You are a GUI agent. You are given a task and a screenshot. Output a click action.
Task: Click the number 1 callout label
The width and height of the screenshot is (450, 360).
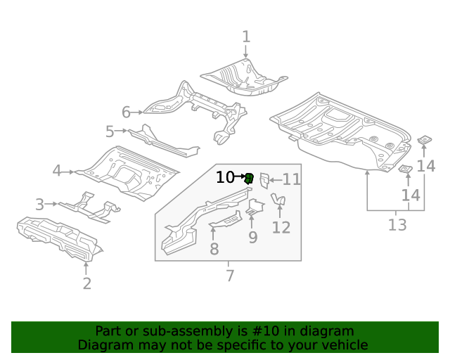point(246,36)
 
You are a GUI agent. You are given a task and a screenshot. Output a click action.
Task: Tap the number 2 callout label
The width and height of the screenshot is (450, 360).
point(86,283)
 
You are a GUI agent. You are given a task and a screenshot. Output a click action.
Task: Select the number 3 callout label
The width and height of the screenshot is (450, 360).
point(39,205)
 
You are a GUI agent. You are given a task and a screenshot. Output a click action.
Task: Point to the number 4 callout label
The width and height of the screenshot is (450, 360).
point(57,170)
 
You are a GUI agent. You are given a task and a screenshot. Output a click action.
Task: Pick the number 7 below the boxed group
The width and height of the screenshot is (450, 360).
point(229,276)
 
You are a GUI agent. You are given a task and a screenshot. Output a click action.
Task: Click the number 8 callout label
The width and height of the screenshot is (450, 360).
point(214,248)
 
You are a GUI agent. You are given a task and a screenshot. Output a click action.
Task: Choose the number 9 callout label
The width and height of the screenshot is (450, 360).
point(252,237)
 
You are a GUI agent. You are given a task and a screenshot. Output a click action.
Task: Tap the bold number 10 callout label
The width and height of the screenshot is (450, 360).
point(225,177)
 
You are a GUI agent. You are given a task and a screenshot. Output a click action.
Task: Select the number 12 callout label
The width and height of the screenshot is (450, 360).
point(281,227)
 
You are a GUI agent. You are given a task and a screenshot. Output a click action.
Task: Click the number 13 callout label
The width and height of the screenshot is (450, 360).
point(397,225)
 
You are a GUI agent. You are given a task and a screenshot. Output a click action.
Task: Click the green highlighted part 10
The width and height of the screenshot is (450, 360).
point(249,179)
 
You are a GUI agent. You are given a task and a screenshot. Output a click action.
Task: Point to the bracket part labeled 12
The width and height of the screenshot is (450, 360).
point(279,202)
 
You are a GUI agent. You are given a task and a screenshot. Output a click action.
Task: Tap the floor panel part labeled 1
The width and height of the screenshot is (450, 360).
point(243,77)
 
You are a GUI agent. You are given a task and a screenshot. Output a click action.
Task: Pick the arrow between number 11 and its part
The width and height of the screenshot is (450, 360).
point(275,179)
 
